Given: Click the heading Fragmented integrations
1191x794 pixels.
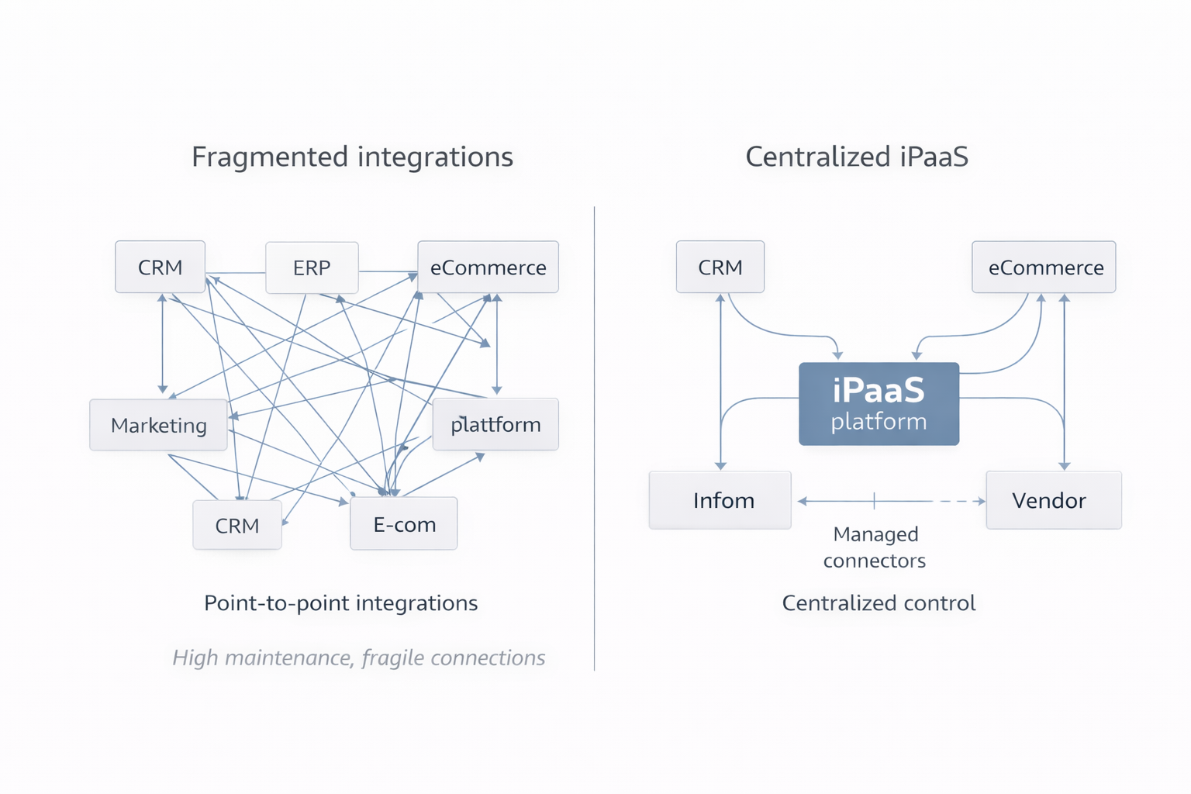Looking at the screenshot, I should pyautogui.click(x=352, y=157).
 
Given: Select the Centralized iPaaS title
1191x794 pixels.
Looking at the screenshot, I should pyautogui.click(x=856, y=157).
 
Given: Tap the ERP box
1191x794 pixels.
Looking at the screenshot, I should pyautogui.click(x=312, y=268).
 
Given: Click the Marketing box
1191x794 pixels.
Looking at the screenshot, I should pyautogui.click(x=158, y=425).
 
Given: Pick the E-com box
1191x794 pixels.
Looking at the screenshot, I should pyautogui.click(x=404, y=524).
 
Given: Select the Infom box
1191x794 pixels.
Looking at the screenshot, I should pyautogui.click(x=720, y=500).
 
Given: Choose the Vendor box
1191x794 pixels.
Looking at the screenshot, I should pyautogui.click(x=1053, y=500).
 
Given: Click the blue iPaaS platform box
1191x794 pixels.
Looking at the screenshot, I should pyautogui.click(x=879, y=403).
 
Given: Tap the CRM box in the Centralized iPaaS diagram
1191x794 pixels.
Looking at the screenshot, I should pyautogui.click(x=720, y=267).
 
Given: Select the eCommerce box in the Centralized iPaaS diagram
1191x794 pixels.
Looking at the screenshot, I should pyautogui.click(x=1044, y=267).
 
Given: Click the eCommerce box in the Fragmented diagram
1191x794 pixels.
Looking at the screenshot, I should pyautogui.click(x=488, y=267).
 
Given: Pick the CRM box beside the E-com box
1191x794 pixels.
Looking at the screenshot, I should pyautogui.click(x=237, y=525).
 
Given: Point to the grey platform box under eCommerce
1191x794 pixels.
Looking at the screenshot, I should pyautogui.click(x=495, y=424).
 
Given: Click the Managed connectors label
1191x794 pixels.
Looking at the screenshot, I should pyautogui.click(x=875, y=547).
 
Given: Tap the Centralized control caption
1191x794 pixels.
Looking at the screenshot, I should pyautogui.click(x=879, y=602).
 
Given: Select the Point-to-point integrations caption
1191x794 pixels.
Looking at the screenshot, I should pyautogui.click(x=340, y=602).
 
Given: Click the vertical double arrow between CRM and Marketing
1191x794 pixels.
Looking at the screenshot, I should pyautogui.click(x=162, y=343).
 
